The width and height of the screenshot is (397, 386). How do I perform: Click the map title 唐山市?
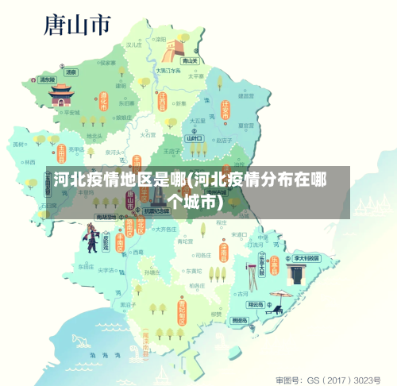point(77,27)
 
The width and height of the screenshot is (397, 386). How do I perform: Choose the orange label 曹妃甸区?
point(182,311)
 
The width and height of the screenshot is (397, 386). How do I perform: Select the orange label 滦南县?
point(224,252)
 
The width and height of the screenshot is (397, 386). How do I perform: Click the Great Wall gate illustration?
point(172,50)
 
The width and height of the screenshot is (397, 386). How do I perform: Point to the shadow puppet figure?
point(92,237)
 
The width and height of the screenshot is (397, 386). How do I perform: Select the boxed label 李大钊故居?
point(306,258)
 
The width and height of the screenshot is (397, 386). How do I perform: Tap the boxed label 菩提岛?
point(240,320)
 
